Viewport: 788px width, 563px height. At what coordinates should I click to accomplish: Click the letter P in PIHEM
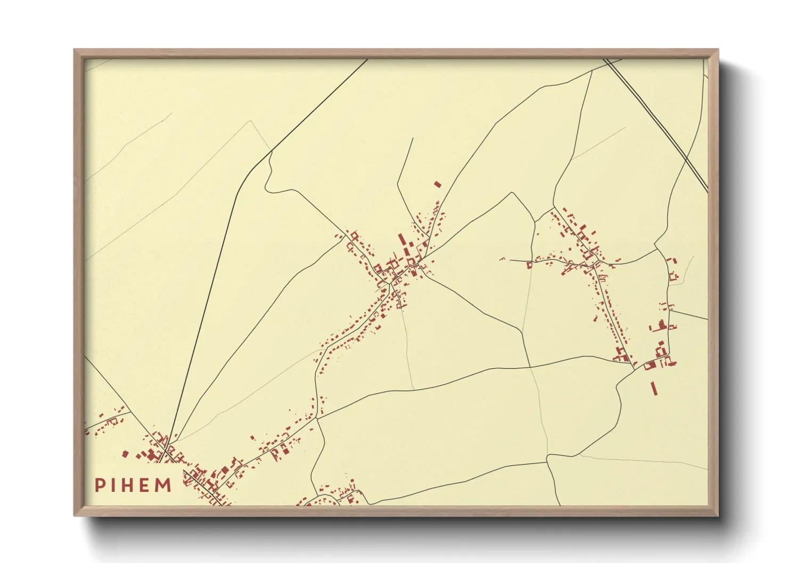pyautogui.click(x=100, y=485)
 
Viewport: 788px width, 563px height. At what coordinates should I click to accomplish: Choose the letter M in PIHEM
pyautogui.click(x=163, y=485)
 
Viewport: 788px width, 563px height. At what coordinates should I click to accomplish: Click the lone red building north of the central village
pyautogui.click(x=438, y=185)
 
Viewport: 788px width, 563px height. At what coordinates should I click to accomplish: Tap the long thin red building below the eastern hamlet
pyautogui.click(x=654, y=388)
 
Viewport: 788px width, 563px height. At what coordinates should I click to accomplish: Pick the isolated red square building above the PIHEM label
pyautogui.click(x=126, y=454)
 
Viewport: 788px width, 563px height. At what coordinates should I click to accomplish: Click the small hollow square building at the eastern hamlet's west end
pyautogui.click(x=529, y=264)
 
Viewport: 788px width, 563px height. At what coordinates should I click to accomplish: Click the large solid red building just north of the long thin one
pyautogui.click(x=650, y=365)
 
